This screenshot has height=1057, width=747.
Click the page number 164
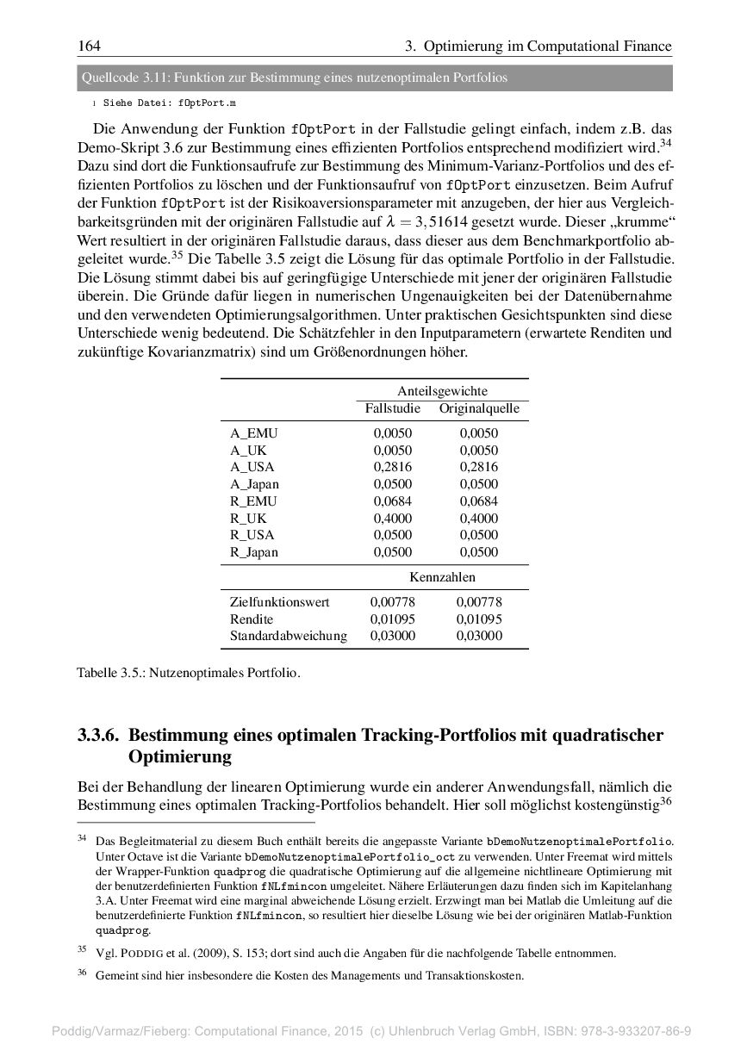point(90,46)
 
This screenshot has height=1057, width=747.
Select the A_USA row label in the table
point(252,467)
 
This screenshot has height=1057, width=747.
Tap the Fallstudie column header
point(393,409)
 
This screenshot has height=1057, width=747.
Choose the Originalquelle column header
point(479,409)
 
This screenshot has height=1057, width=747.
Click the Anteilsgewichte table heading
point(442,391)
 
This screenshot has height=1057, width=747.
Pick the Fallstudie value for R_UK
point(393,519)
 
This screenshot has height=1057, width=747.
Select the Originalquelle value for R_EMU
point(479,501)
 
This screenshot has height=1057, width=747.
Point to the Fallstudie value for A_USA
point(393,467)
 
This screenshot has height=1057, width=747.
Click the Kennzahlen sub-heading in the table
point(442,577)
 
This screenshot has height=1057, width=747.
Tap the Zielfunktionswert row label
point(279,602)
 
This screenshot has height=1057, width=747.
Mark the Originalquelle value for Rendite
point(479,619)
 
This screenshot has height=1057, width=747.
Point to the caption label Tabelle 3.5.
point(110,672)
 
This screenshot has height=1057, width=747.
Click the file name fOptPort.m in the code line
point(207,103)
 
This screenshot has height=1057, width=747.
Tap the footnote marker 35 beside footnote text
point(83,949)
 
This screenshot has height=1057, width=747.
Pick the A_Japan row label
point(254,484)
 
